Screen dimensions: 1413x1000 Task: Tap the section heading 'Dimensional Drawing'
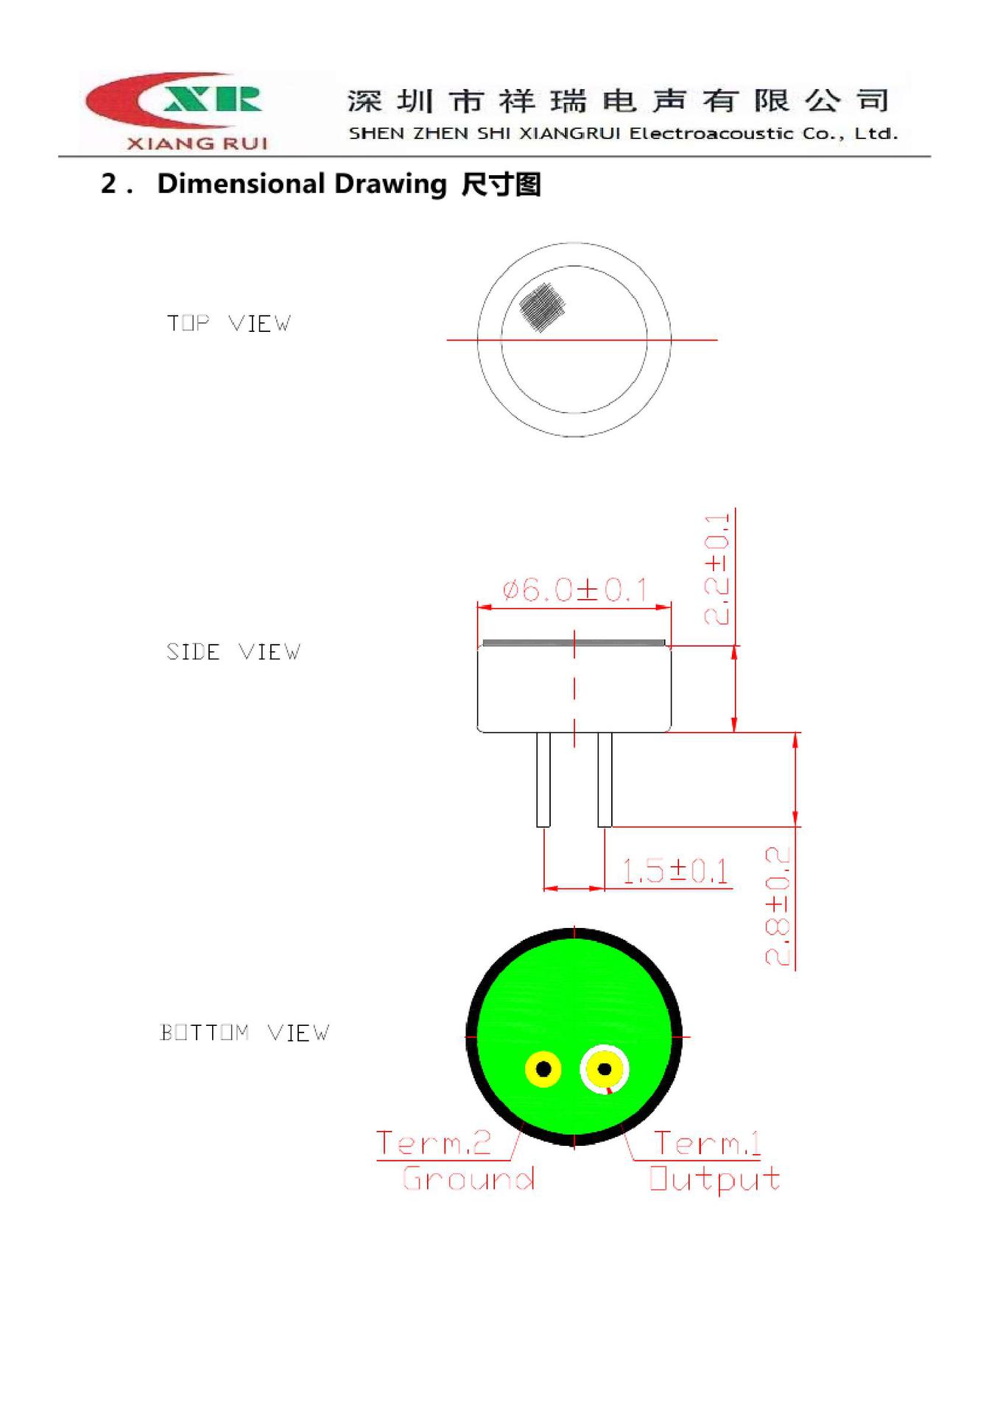(302, 184)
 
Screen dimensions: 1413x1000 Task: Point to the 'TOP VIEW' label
(228, 323)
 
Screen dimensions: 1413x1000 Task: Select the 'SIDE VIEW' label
(233, 652)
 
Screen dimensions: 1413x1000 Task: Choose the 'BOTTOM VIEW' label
(244, 1033)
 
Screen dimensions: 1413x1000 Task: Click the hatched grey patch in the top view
(541, 306)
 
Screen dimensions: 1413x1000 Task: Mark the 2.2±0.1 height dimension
(717, 570)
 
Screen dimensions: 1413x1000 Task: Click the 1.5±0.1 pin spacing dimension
(675, 871)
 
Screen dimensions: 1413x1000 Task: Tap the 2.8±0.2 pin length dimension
(778, 907)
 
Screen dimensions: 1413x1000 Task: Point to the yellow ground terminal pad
(543, 1069)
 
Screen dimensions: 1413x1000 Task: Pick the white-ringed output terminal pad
(605, 1069)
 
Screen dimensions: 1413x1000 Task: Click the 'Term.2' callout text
(433, 1143)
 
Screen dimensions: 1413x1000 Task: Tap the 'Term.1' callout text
(707, 1143)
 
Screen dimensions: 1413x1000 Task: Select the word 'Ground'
(468, 1178)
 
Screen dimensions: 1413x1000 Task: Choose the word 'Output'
(714, 1179)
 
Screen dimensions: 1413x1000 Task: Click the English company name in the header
(623, 134)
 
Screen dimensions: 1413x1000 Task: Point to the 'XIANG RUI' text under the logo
(197, 144)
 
